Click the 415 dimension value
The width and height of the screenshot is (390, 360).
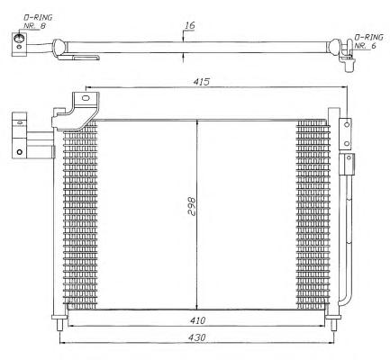[201, 81]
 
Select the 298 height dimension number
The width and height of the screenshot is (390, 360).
[191, 206]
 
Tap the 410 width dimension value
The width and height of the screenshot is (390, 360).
[197, 320]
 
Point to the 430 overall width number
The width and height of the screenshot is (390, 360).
[197, 337]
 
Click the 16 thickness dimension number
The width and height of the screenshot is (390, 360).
[189, 25]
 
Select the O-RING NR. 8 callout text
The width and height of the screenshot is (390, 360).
[38, 22]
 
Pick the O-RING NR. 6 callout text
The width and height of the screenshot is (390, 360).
[368, 41]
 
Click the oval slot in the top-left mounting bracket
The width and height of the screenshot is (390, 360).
[86, 98]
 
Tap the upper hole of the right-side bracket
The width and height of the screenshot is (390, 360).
[347, 124]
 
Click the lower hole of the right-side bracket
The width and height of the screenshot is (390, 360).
[347, 144]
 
